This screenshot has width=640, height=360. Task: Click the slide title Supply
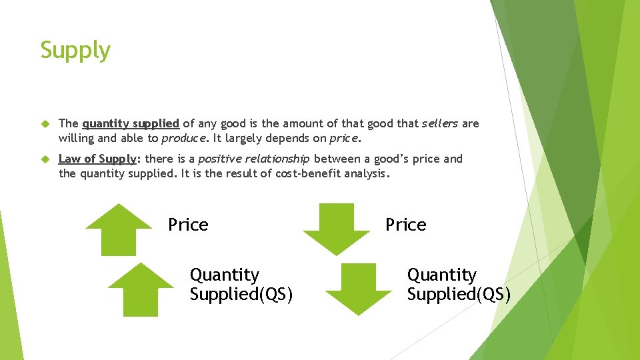(x=75, y=51)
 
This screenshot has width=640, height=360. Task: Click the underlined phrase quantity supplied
(x=131, y=123)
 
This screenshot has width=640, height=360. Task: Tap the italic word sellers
(x=440, y=123)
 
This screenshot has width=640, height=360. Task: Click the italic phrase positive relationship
(x=254, y=159)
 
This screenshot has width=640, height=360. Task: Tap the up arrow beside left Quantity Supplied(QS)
(x=141, y=288)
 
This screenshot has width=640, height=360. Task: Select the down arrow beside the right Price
(x=336, y=229)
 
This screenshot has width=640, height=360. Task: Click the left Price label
(x=188, y=225)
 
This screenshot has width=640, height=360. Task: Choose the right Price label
(x=405, y=225)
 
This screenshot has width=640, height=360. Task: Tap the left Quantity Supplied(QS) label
(x=241, y=285)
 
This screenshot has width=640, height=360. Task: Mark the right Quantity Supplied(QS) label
(x=458, y=285)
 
